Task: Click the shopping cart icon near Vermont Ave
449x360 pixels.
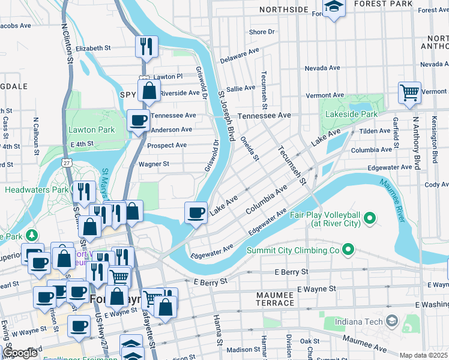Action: pyautogui.click(x=410, y=93)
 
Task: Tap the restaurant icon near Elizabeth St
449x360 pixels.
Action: pyautogui.click(x=146, y=46)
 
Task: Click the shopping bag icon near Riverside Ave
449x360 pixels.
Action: pyautogui.click(x=149, y=91)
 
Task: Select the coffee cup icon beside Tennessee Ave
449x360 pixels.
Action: pyautogui.click(x=138, y=120)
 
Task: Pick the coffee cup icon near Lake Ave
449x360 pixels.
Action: pyautogui.click(x=196, y=212)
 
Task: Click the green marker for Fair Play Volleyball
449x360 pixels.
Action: pyautogui.click(x=370, y=217)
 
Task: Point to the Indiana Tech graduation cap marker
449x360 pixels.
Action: pyautogui.click(x=392, y=322)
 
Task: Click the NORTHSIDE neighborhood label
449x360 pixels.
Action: pyautogui.click(x=283, y=10)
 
